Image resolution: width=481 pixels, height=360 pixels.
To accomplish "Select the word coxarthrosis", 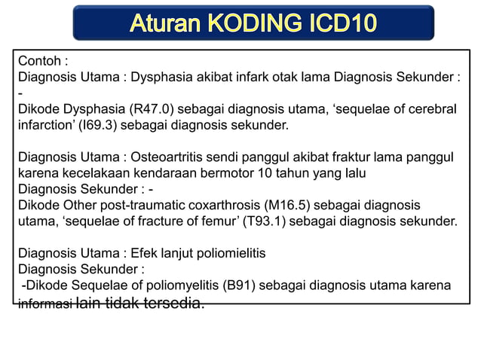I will click(221, 205).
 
